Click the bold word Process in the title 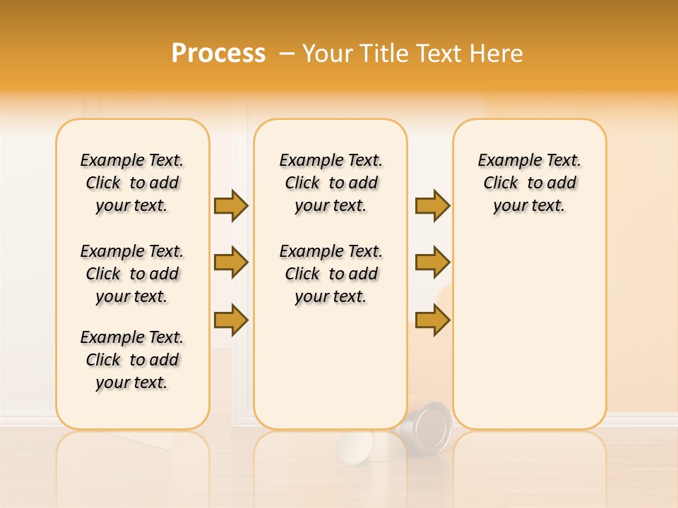click(218, 54)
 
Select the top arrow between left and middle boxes click(231, 205)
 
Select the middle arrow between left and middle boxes click(231, 263)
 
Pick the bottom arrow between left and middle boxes click(231, 320)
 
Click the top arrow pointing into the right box click(432, 205)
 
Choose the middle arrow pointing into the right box click(432, 263)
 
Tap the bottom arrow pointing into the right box click(432, 320)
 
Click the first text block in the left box click(132, 183)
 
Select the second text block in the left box click(132, 274)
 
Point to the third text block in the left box click(132, 360)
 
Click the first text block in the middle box click(331, 183)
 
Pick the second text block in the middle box click(331, 274)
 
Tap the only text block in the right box click(529, 183)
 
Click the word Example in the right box click(503, 161)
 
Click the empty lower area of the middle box click(331, 367)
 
